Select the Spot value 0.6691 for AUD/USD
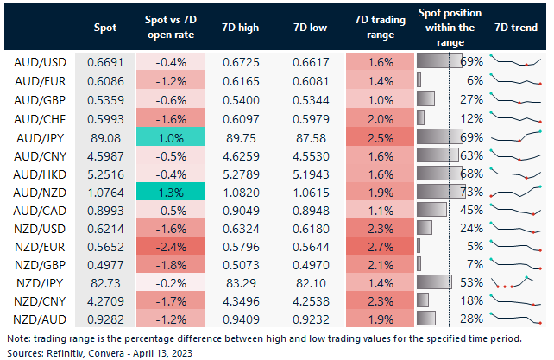pyautogui.click(x=104, y=62)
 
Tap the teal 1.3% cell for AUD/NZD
pyautogui.click(x=170, y=192)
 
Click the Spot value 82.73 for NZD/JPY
pyautogui.click(x=104, y=283)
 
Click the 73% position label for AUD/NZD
pyautogui.click(x=472, y=192)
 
